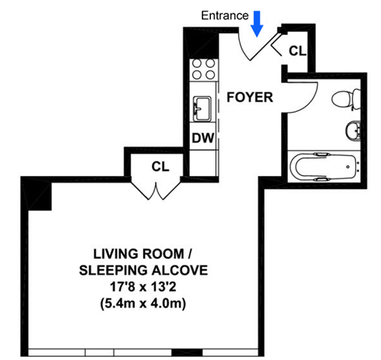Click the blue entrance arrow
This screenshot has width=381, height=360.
pyautogui.click(x=257, y=24)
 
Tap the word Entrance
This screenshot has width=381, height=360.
pyautogui.click(x=225, y=16)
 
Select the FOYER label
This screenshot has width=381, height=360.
pyautogui.click(x=249, y=98)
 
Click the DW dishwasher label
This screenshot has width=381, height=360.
pyautogui.click(x=203, y=138)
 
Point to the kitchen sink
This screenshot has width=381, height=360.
pyautogui.click(x=202, y=109)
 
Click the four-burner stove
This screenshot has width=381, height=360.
pyautogui.click(x=203, y=69)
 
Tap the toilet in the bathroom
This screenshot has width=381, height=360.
pyautogui.click(x=346, y=99)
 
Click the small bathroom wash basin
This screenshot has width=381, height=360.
pyautogui.click(x=353, y=130)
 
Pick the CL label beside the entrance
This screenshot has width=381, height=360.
pyautogui.click(x=297, y=51)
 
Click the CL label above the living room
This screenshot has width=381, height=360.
pyautogui.click(x=160, y=166)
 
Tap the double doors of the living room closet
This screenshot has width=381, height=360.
pyautogui.click(x=156, y=190)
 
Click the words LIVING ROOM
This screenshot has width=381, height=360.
pyautogui.click(x=139, y=254)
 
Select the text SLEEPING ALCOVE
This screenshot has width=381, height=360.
pyautogui.click(x=144, y=270)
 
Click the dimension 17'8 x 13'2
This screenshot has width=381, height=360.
pyautogui.click(x=143, y=287)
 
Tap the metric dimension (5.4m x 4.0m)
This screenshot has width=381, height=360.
pyautogui.click(x=143, y=303)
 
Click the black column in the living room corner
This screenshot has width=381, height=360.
pyautogui.click(x=38, y=195)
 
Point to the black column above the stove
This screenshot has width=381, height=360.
pyautogui.click(x=203, y=44)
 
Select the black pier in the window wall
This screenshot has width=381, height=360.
pyautogui.click(x=187, y=352)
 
